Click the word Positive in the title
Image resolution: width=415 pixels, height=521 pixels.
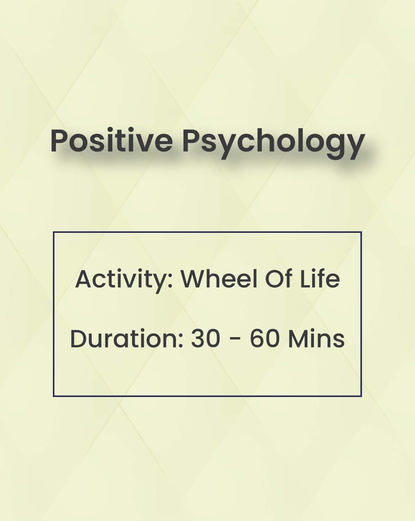[111, 141]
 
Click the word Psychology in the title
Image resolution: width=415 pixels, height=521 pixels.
[274, 143]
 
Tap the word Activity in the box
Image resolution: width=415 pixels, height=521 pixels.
[124, 280]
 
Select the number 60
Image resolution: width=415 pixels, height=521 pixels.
[264, 339]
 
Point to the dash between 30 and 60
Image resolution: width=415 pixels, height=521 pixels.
[236, 340]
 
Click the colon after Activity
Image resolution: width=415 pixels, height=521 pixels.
[170, 282]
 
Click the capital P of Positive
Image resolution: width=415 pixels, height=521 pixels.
[59, 141]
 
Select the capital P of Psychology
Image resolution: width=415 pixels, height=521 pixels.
[191, 141]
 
